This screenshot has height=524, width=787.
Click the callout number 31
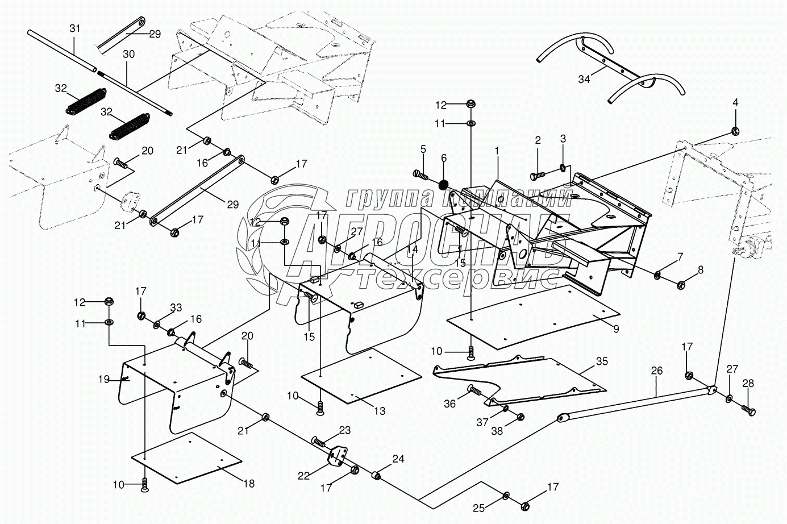[75, 28]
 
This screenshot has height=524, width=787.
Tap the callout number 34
[584, 80]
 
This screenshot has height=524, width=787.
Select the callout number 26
[657, 371]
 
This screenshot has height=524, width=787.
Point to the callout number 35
[602, 361]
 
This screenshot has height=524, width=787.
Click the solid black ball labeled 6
[444, 184]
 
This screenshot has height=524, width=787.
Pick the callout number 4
[735, 103]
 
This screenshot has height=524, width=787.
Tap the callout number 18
[249, 484]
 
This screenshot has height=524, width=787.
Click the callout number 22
[303, 476]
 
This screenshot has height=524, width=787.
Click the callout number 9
[617, 329]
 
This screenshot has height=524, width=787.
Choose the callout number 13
[380, 411]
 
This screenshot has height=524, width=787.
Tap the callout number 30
[129, 55]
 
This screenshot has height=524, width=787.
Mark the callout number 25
[479, 508]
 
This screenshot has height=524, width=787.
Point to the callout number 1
[497, 151]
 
